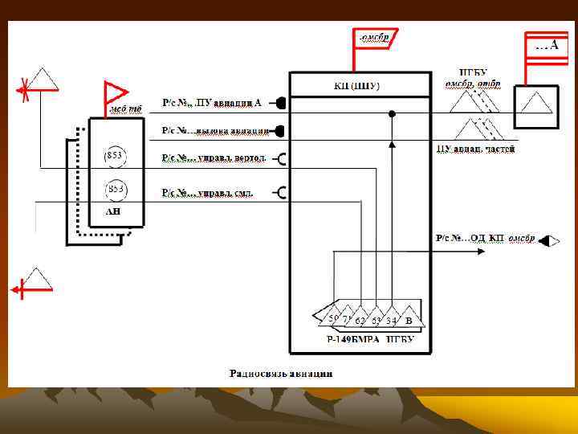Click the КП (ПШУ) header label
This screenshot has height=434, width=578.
(x=356, y=85)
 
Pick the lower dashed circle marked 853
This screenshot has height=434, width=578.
(x=116, y=189)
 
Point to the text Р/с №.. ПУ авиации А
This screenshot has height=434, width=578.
(x=212, y=103)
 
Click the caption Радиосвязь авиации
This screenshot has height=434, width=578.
(x=281, y=373)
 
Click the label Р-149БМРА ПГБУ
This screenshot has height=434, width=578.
(x=369, y=339)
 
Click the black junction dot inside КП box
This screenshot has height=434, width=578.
(x=392, y=114)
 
